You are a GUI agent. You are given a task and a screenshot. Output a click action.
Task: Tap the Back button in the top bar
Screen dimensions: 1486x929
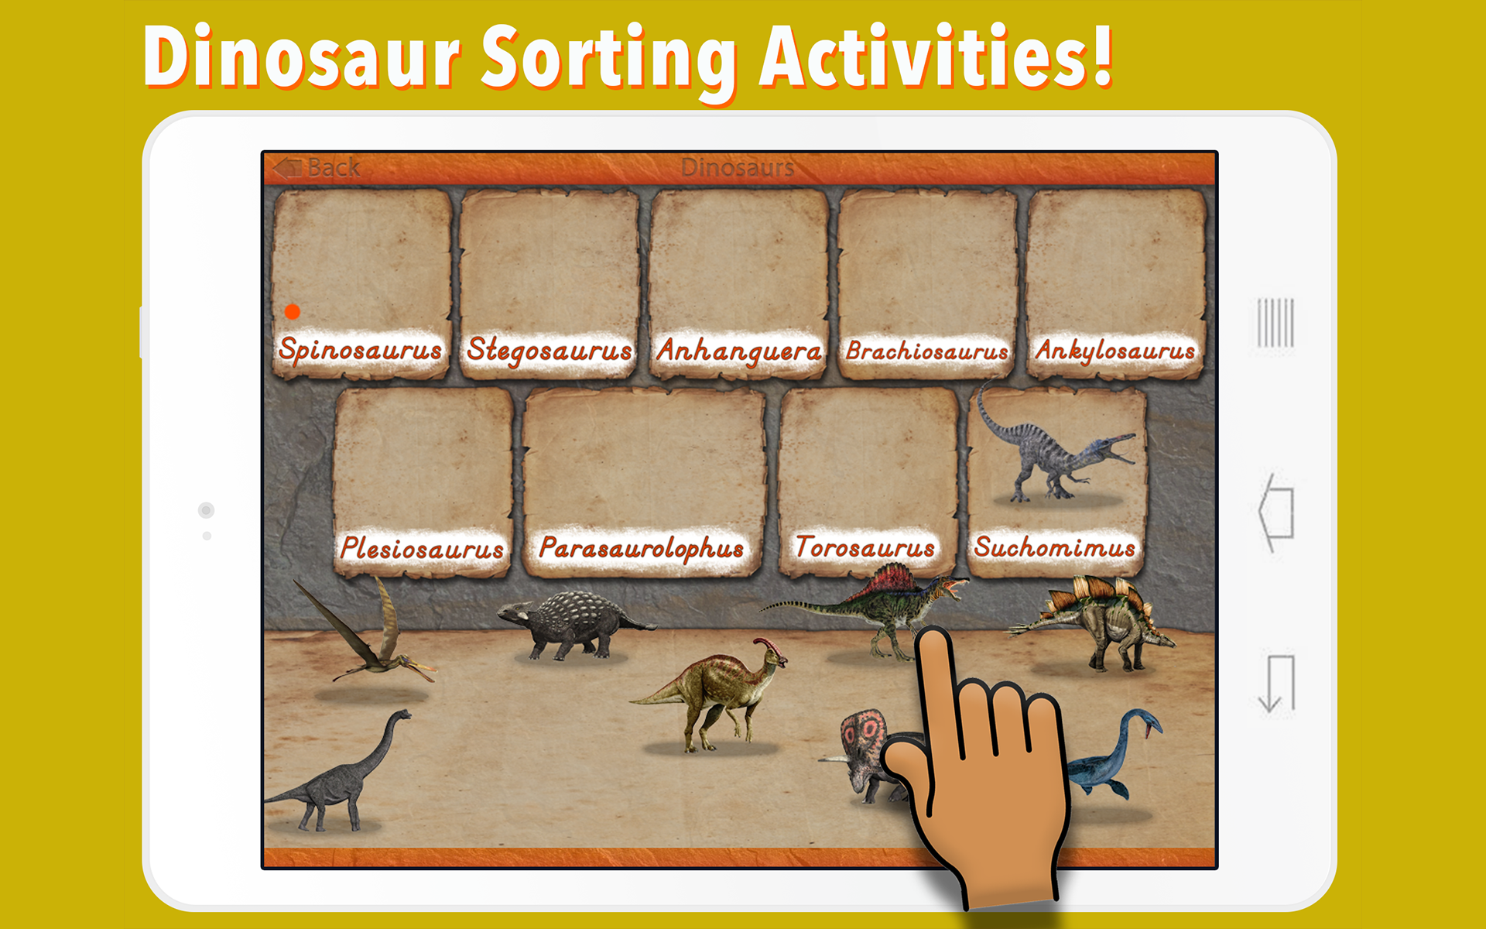coord(317,167)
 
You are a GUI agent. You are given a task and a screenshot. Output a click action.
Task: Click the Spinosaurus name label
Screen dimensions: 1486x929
coord(361,350)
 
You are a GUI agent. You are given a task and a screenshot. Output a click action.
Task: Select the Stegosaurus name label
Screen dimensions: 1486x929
coord(549,350)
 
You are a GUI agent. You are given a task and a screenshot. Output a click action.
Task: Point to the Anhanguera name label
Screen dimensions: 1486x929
coord(738,351)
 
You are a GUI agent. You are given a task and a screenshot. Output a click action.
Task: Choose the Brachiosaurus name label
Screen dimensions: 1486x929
coord(927,351)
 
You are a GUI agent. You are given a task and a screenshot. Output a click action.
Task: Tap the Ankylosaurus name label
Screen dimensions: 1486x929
coord(1115,351)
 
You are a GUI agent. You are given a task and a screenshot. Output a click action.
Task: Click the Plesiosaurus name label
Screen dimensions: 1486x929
coord(422,548)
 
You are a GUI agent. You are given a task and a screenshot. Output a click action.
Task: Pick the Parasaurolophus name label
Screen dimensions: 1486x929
coord(642,548)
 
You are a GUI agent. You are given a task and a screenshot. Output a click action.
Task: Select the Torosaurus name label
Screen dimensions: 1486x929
coord(865,547)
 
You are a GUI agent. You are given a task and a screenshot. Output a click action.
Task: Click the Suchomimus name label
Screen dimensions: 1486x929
coord(1054,547)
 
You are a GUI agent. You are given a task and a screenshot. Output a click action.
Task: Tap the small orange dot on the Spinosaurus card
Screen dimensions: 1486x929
coord(292,311)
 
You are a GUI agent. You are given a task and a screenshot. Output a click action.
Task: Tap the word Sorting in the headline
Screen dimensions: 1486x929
coord(608,59)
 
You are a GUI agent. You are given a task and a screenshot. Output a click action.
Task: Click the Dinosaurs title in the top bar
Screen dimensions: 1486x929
coord(738,167)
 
